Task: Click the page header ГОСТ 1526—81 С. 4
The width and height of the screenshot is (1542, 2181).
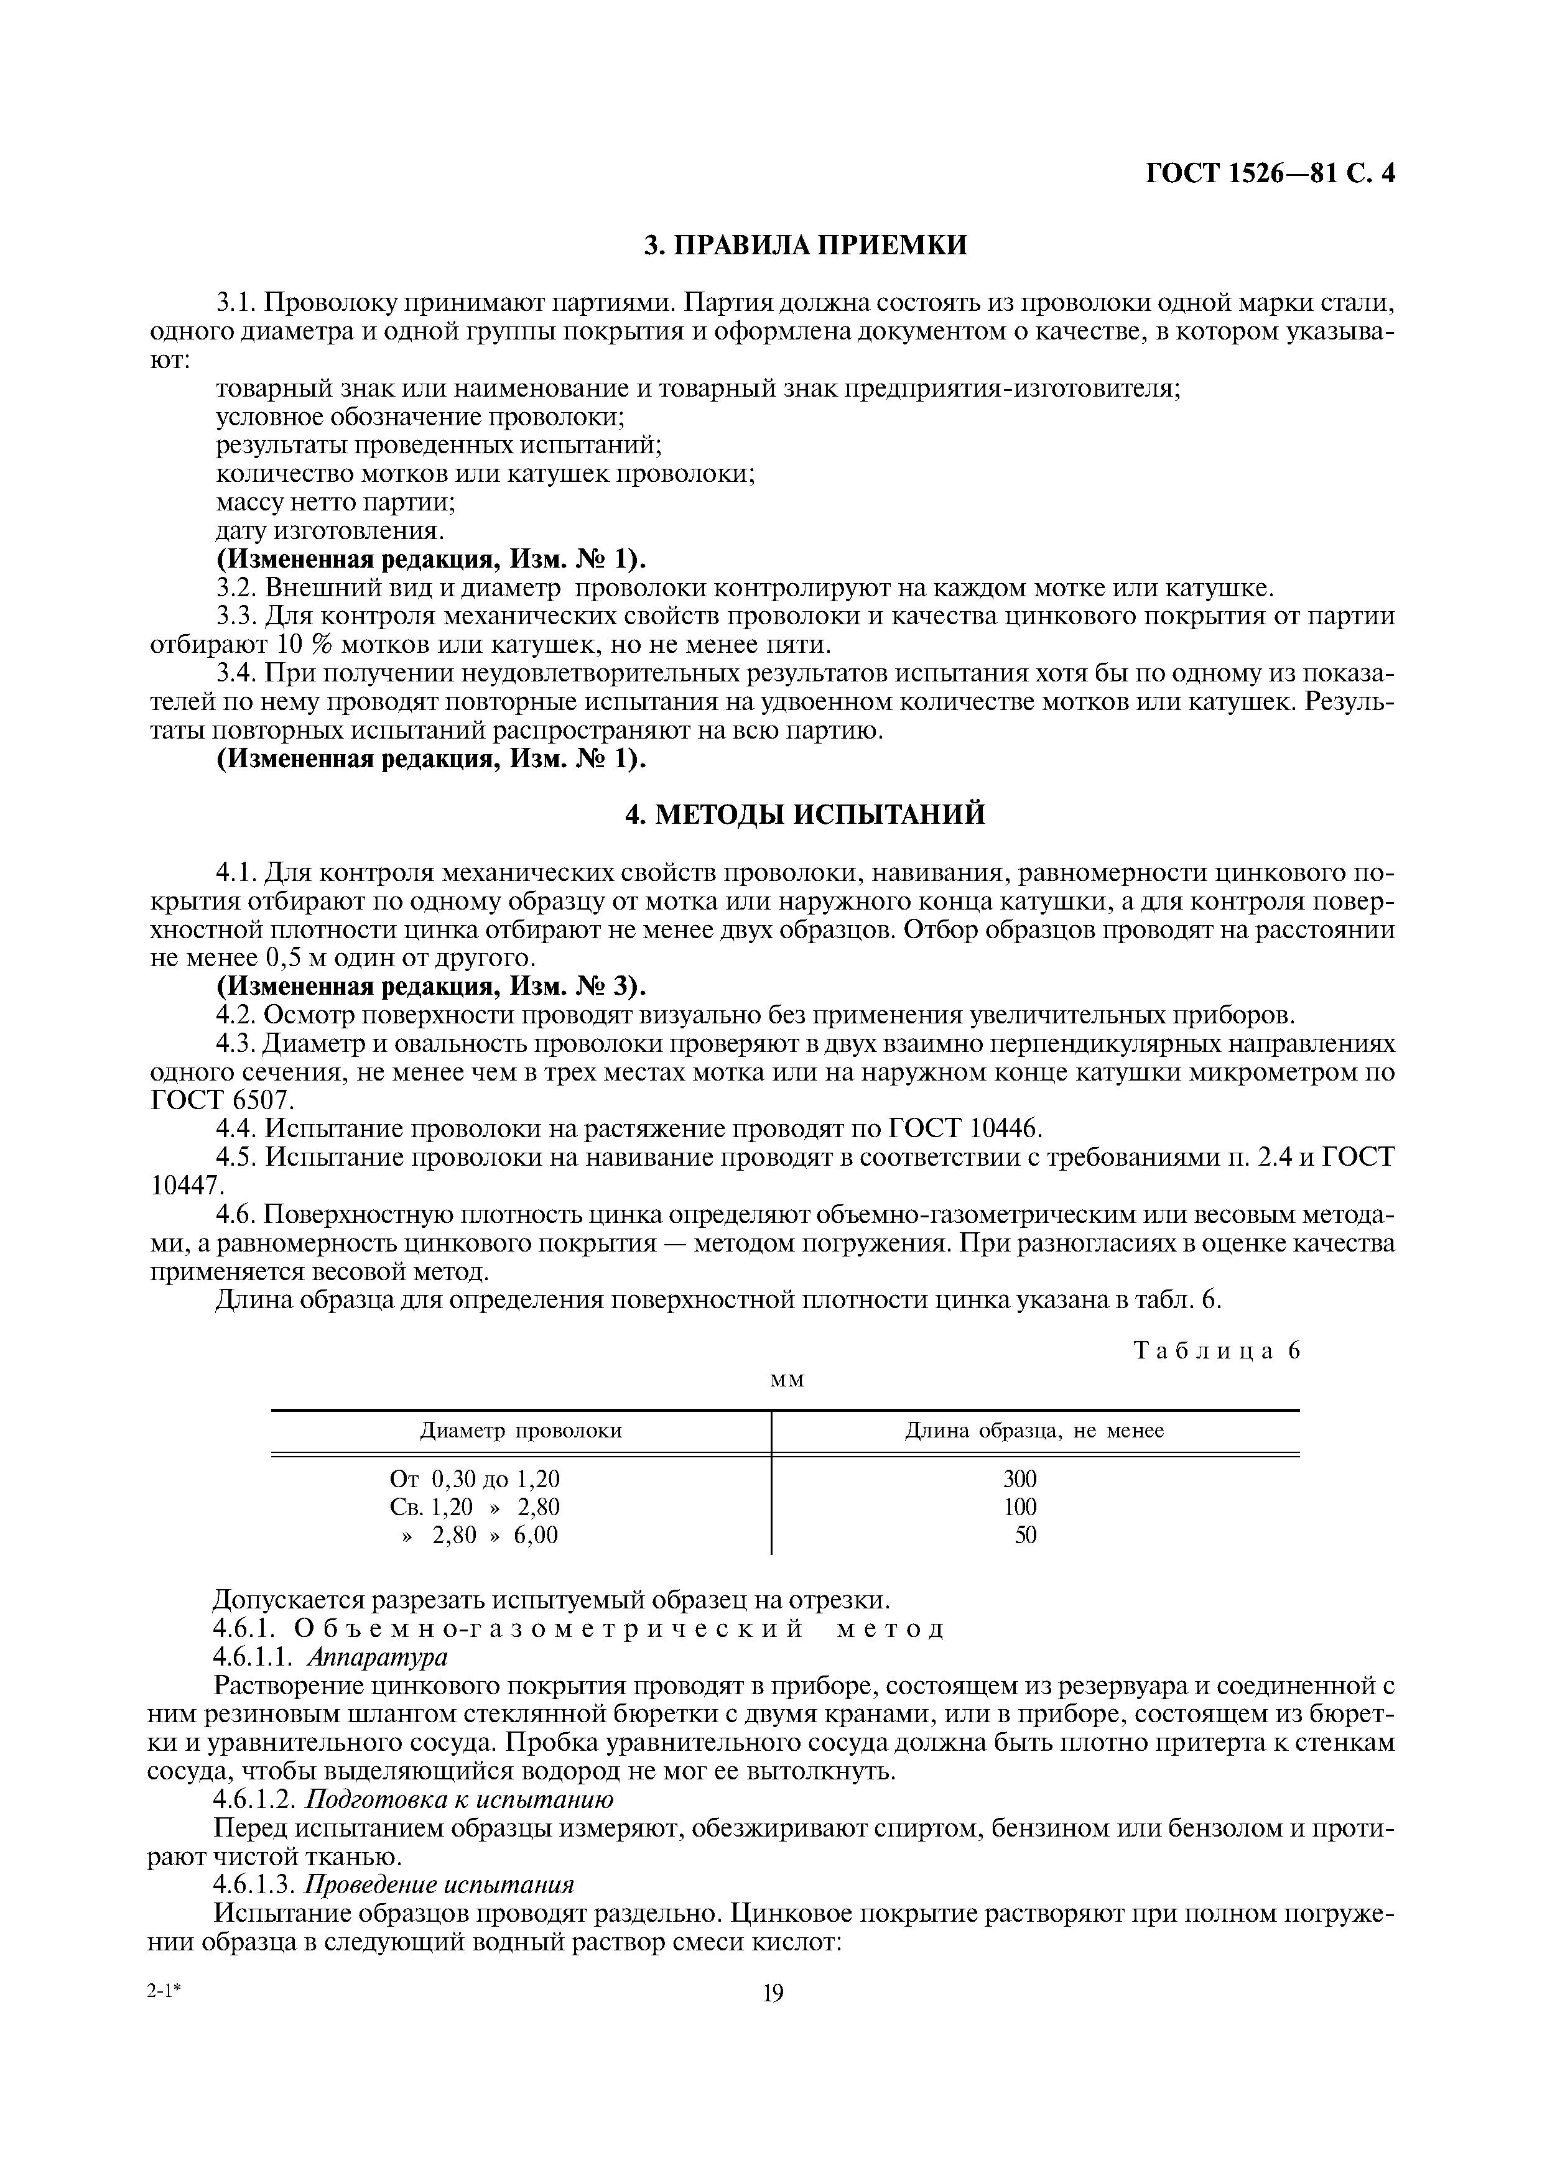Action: [x=1270, y=174]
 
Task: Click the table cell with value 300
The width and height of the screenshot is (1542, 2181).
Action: [x=1019, y=1479]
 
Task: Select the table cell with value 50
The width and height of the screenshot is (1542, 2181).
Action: [x=1025, y=1535]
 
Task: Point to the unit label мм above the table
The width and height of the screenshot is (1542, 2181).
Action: [x=786, y=1379]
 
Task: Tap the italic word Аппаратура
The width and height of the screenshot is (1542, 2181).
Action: [x=377, y=1657]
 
